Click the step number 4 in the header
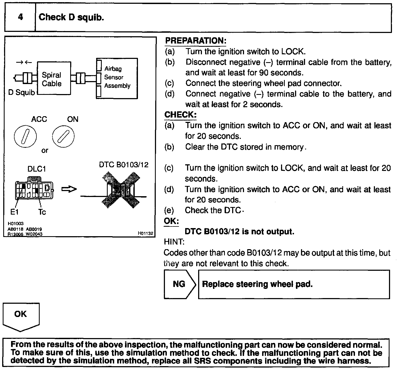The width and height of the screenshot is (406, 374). click(20, 17)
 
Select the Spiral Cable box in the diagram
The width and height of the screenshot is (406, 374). click(54, 78)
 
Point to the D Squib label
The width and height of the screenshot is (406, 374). click(22, 93)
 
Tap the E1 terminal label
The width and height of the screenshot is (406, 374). click(14, 212)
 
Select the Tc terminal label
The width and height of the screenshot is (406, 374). click(42, 212)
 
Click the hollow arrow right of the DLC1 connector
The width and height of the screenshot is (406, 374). click(69, 189)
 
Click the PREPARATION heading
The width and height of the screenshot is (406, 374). click(195, 41)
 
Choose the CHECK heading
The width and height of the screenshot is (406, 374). click(180, 115)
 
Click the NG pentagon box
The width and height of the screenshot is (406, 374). click(179, 284)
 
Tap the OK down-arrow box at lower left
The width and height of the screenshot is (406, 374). click(21, 316)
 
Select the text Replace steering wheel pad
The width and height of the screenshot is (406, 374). click(257, 284)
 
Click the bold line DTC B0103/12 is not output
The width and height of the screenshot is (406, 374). click(239, 232)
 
